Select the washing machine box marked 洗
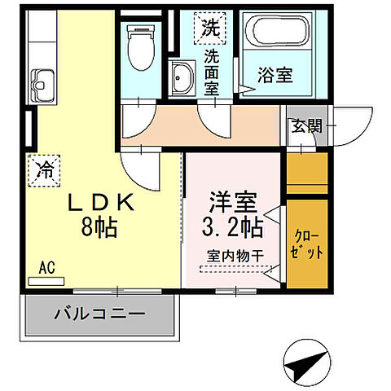click(211, 27)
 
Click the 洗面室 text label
click(212, 72)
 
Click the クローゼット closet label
click(306, 244)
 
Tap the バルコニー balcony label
click(99, 314)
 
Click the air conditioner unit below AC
click(46, 280)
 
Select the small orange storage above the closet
click(306, 173)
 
